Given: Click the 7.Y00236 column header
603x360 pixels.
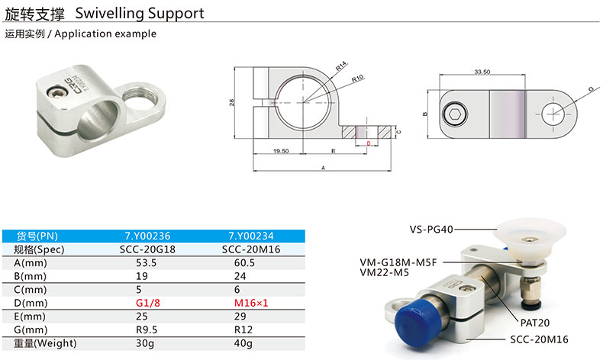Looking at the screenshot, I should click(147, 236).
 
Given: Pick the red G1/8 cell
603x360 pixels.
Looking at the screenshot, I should click(147, 302).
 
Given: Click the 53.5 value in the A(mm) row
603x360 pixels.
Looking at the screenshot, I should click(147, 262).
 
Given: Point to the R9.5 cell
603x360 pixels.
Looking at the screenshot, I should click(147, 329).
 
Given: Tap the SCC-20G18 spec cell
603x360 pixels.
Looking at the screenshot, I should click(147, 249).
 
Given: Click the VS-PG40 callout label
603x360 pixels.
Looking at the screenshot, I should click(431, 228).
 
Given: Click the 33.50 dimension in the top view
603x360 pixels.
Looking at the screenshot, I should click(482, 71).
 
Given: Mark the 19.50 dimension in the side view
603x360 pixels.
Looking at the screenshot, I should click(280, 151).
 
